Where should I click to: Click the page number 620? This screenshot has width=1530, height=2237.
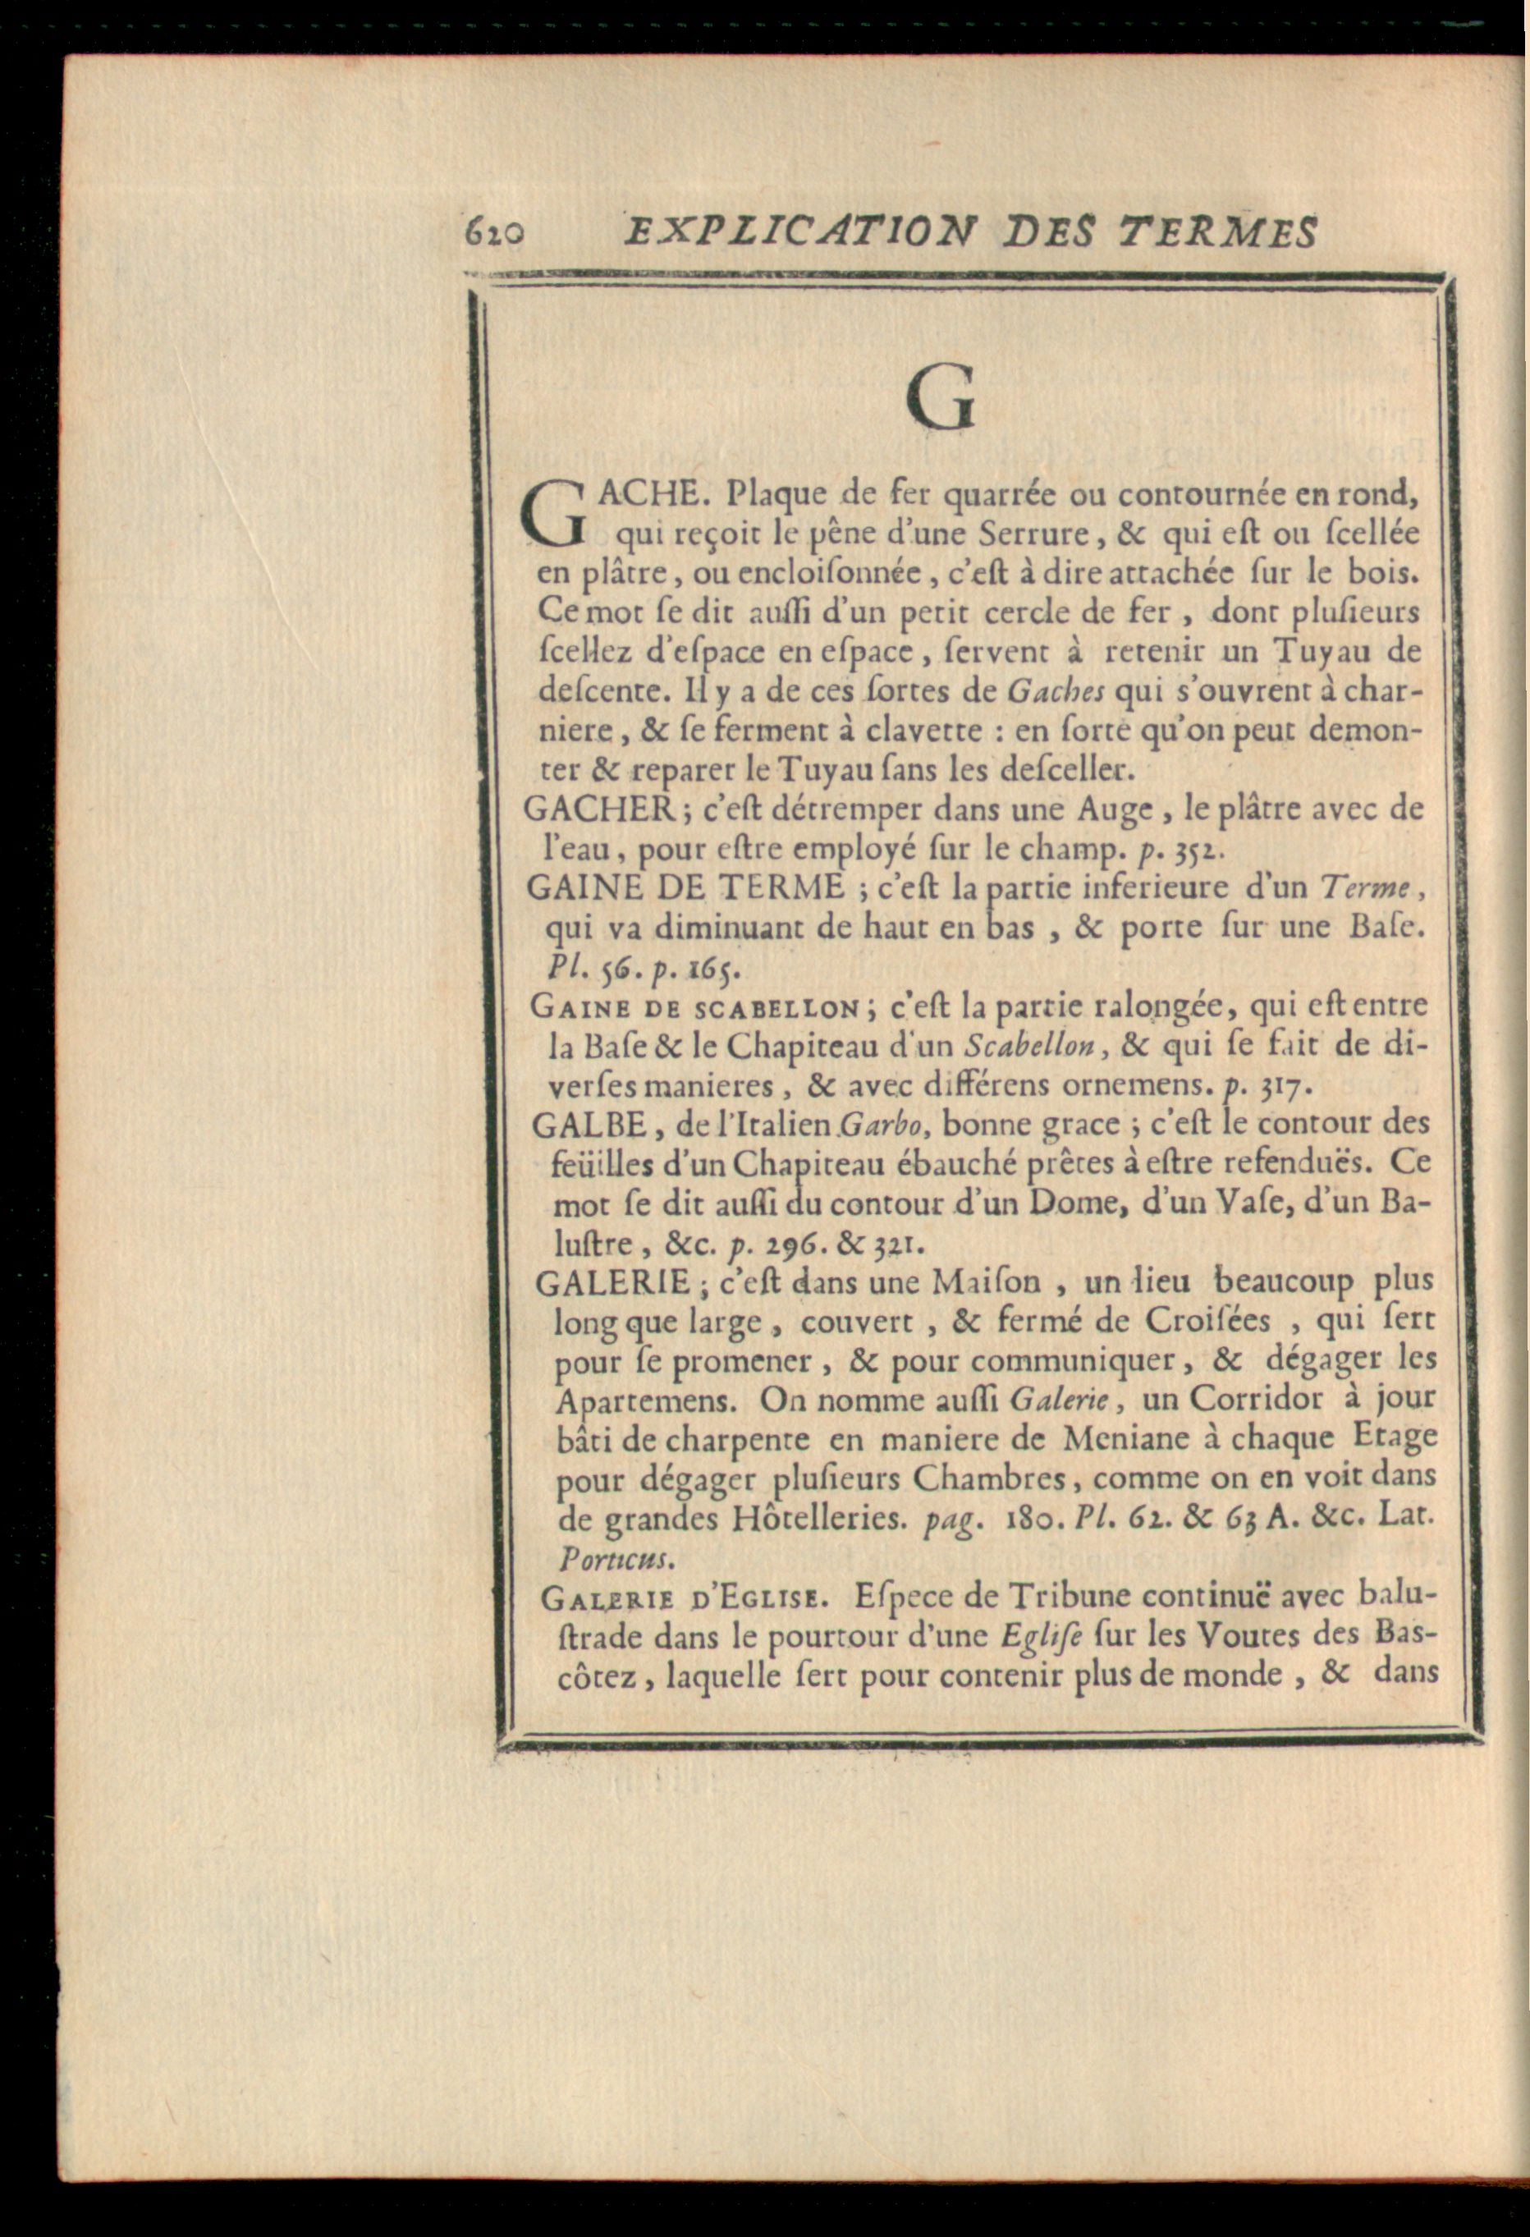(x=493, y=232)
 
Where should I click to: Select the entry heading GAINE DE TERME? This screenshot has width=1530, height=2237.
(x=685, y=887)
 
